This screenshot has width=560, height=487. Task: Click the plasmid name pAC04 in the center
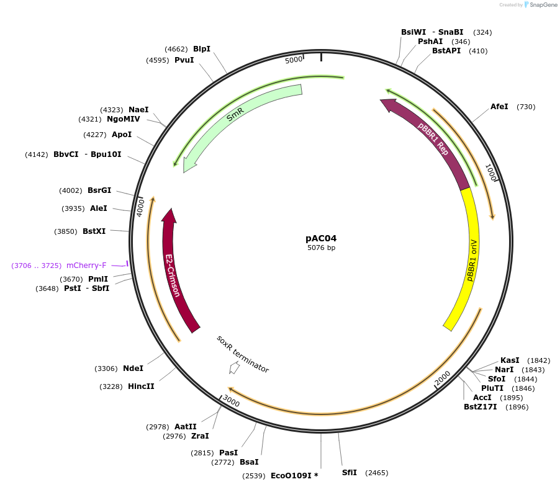click(321, 238)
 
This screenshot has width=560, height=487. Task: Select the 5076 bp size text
click(321, 248)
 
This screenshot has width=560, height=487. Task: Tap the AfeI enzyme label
click(499, 107)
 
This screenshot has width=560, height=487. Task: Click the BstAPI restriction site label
click(446, 51)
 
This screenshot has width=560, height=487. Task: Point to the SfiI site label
click(350, 473)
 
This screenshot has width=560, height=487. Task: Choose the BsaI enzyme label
click(248, 462)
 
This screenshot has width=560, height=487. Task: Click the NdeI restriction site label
click(133, 369)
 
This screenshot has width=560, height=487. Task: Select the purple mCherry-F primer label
click(86, 266)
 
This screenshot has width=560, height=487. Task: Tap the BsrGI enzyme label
click(99, 190)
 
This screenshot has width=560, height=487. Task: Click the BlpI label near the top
click(202, 48)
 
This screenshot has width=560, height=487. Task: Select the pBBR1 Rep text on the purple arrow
click(433, 139)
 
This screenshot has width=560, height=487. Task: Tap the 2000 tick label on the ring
click(442, 378)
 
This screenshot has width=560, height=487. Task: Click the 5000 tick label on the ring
click(294, 60)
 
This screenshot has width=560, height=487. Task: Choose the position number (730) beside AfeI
click(526, 107)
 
